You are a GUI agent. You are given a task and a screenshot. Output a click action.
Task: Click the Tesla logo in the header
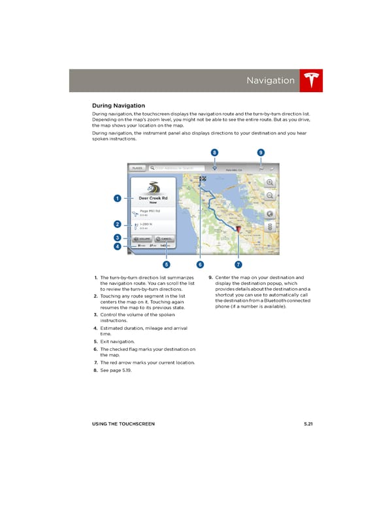[x=311, y=80]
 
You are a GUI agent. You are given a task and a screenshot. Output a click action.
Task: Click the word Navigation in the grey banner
[x=270, y=80]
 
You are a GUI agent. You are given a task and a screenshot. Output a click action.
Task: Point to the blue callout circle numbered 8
[x=214, y=152]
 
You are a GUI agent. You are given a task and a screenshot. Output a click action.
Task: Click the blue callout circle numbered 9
[x=260, y=152]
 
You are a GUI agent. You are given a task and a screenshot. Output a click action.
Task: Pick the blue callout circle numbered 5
[x=167, y=265]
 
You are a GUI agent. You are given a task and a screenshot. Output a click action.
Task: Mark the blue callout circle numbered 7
[x=238, y=265]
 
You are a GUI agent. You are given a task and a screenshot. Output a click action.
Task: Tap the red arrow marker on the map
[x=238, y=229]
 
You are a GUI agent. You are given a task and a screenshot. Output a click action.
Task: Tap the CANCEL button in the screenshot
[x=164, y=239]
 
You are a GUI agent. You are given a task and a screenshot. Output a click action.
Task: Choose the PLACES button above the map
[x=137, y=168]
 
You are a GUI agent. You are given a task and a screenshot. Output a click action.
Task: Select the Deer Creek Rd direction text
[x=154, y=198]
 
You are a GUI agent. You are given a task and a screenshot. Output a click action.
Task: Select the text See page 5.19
[x=118, y=370]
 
